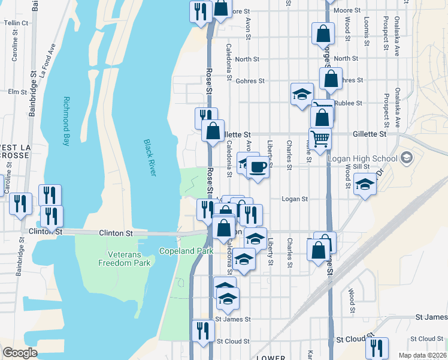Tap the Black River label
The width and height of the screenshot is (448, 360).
(x=149, y=157)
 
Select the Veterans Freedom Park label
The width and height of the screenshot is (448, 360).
(x=125, y=259)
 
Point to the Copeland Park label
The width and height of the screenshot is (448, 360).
(x=186, y=251)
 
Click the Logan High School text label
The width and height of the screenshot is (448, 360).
(x=362, y=158)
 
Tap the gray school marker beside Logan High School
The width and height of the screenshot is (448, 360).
(x=407, y=158)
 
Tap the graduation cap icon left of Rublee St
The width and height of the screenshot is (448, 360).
(x=302, y=94)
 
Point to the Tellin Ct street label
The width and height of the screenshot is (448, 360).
(x=16, y=23)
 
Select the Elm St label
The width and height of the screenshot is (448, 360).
(x=13, y=92)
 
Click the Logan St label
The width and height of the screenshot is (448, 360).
(x=294, y=199)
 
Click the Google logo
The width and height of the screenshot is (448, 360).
(x=20, y=352)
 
